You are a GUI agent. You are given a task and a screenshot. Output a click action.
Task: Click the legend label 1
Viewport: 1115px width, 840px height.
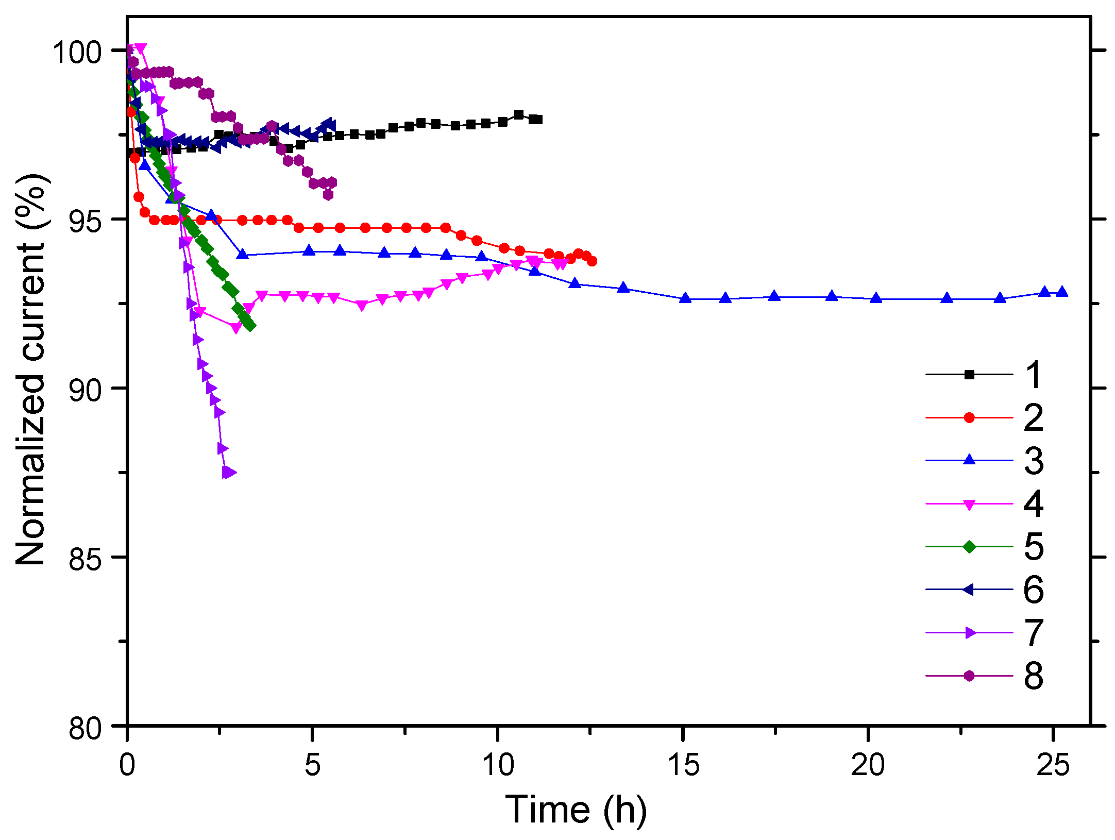1033,375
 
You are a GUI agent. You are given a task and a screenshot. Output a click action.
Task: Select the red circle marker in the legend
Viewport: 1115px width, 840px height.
969,417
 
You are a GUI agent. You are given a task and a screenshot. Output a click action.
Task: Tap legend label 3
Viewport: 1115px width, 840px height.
1033,460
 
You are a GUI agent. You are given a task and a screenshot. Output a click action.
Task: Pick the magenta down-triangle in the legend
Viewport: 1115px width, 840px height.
969,504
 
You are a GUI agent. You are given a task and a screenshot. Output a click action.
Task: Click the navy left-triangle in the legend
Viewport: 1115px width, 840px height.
969,590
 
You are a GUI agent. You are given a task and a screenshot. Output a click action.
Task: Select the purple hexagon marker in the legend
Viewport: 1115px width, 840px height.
969,676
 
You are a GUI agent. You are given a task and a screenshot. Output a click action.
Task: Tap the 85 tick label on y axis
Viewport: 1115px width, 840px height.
85,558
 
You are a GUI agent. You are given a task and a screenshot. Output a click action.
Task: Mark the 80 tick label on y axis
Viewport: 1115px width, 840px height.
85,727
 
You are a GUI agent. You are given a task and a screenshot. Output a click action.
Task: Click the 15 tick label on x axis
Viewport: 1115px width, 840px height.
683,765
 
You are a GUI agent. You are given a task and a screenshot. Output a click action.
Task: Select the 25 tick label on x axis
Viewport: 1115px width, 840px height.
1053,765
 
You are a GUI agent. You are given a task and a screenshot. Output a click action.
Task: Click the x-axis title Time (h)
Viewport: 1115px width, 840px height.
576,810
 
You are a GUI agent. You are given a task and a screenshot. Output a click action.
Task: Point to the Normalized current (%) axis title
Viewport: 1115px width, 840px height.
32,369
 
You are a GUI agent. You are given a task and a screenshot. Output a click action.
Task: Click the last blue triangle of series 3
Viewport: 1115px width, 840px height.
1061,292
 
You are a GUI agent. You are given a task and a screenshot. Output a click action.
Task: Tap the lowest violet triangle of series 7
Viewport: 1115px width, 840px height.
228,472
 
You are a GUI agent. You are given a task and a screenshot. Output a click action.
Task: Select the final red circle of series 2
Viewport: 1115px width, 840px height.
592,261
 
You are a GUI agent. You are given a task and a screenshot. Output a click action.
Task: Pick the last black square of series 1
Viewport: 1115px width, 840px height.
538,120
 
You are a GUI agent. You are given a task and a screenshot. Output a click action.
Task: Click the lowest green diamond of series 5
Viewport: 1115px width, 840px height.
250,326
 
